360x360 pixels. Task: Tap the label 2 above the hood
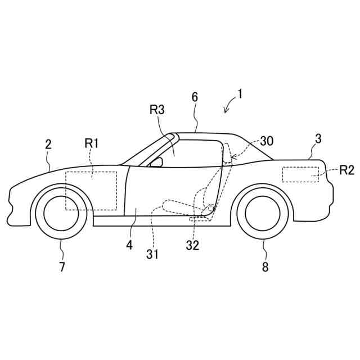click(x=48, y=144)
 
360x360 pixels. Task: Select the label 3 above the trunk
click(x=318, y=139)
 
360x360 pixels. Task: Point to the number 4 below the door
click(x=129, y=245)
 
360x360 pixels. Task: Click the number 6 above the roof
click(x=195, y=96)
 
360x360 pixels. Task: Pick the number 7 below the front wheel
click(x=62, y=267)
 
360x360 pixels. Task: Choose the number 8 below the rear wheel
click(x=265, y=267)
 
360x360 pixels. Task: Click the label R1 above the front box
click(x=92, y=143)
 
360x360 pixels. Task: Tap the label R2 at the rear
click(x=347, y=170)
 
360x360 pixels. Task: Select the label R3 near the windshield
click(x=157, y=110)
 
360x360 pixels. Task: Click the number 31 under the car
click(x=152, y=254)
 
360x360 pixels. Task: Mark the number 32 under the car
click(x=193, y=245)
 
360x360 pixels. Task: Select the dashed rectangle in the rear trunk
click(x=300, y=174)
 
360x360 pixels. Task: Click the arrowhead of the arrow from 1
click(x=226, y=111)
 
